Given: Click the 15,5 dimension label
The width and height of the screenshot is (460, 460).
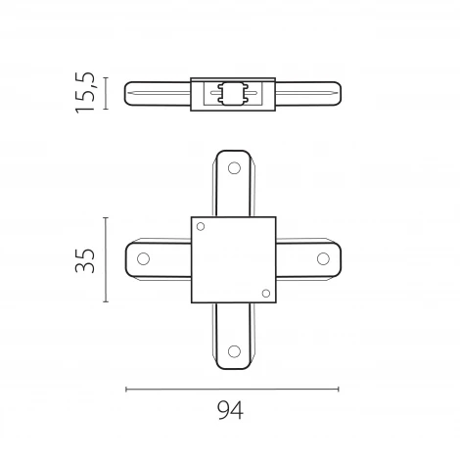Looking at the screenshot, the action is click(85, 93).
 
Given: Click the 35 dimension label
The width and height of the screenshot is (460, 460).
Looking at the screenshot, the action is click(85, 260).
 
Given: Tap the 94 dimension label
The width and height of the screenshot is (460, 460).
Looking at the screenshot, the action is click(230, 410).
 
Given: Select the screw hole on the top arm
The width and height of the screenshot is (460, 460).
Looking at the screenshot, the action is click(234, 168).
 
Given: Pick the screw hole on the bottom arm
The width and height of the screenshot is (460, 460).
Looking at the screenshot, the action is click(234, 351).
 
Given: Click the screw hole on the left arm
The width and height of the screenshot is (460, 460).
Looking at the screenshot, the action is click(143, 258).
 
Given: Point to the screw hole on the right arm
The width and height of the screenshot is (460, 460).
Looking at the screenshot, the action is click(323, 258).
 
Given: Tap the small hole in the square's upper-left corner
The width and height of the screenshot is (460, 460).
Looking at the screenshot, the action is click(201, 226).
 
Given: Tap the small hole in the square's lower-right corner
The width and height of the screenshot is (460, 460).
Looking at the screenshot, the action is click(266, 294).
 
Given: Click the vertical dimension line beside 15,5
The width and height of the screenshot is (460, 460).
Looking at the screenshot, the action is click(106, 93).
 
